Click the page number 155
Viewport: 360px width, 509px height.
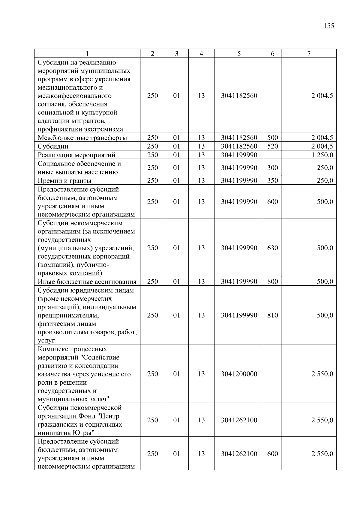tap(329, 26)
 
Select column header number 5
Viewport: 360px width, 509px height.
tap(239, 54)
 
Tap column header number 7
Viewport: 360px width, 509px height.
tap(309, 54)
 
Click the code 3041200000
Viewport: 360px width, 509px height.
tap(239, 374)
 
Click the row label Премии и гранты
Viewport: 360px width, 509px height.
tap(64, 180)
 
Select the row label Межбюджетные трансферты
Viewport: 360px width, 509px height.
tap(82, 138)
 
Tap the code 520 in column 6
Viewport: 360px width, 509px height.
tap(272, 146)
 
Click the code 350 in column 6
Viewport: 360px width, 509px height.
tap(272, 180)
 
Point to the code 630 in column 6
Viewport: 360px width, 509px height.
tap(272, 248)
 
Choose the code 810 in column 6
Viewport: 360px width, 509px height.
tap(272, 315)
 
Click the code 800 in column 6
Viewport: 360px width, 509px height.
tap(272, 281)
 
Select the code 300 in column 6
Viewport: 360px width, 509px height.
tap(272, 168)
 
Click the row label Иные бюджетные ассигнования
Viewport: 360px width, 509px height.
tap(87, 281)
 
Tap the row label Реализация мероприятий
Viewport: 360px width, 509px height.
tap(76, 155)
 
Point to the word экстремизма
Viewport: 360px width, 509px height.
tap(103, 129)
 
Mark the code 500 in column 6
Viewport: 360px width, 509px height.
tap(272, 138)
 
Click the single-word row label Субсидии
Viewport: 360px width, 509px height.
tap(53, 146)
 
